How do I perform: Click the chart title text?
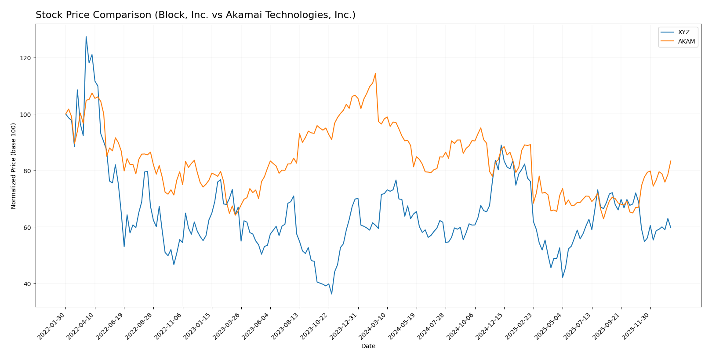196,15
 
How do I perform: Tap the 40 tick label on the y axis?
28,284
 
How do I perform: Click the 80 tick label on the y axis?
28,171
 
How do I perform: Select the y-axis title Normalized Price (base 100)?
14,165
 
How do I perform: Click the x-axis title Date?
368,346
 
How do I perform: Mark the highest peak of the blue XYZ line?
86,36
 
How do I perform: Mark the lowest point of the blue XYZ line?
332,294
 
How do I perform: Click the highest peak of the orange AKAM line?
375,73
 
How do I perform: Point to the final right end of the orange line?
671,161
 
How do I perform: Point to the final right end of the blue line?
671,228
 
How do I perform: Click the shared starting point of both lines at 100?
65,114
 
